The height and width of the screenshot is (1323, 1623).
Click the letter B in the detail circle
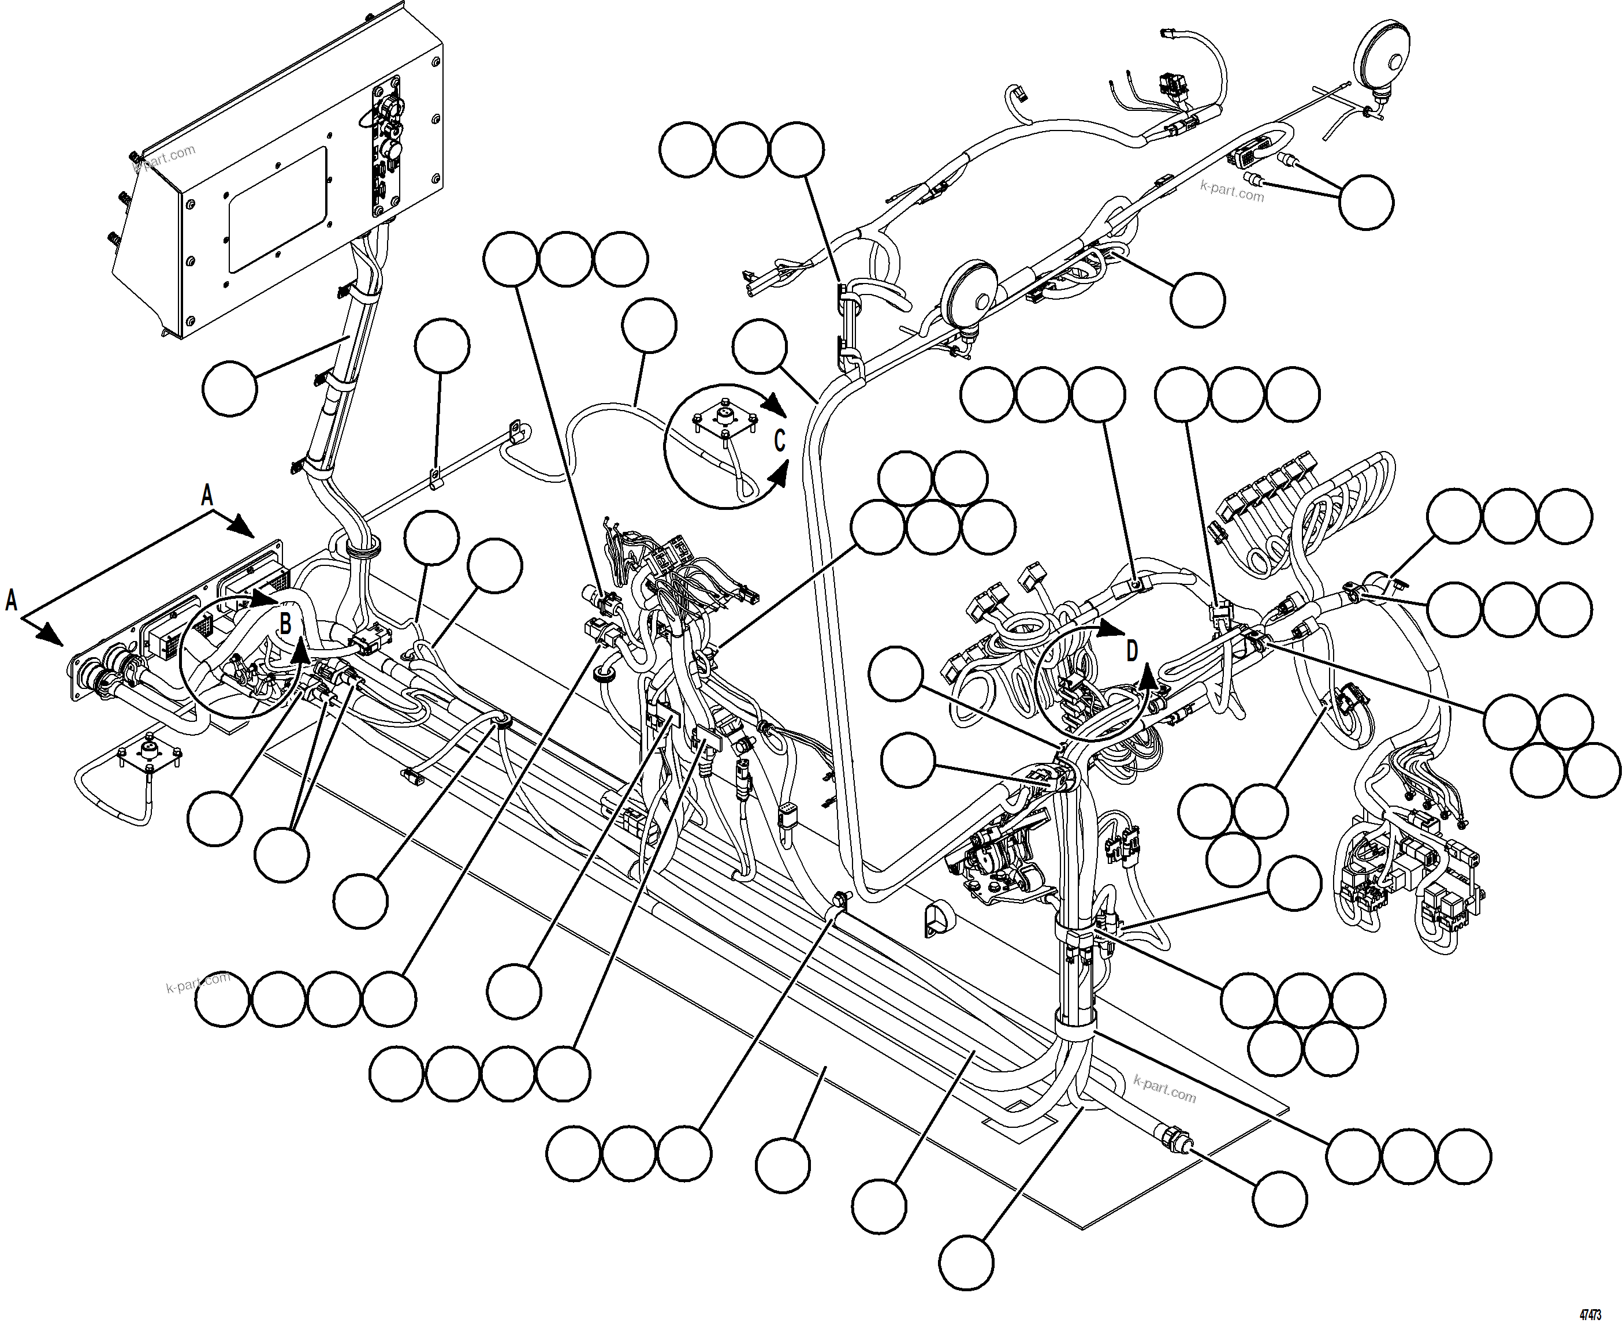click(285, 624)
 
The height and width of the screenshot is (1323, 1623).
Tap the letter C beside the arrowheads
click(780, 441)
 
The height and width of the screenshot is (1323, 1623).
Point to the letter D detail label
click(1132, 651)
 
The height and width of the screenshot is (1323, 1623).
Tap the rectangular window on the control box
click(277, 210)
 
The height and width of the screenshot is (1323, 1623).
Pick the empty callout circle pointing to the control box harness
click(229, 389)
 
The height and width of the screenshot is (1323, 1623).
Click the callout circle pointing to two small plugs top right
click(1366, 202)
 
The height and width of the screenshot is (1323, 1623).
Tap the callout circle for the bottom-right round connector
click(1279, 1199)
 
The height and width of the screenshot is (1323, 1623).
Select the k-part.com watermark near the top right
click(1232, 191)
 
